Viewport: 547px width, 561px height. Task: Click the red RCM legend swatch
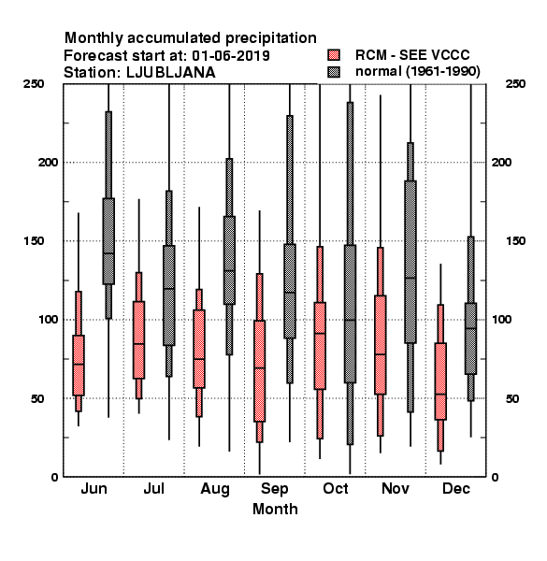coord(334,55)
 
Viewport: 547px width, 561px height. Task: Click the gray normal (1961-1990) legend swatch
coord(334,72)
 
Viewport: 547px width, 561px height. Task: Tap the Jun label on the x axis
coord(94,489)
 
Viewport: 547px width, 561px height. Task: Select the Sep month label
coord(275,489)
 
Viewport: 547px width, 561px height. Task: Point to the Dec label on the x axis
coord(456,489)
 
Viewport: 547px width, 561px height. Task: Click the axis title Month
coord(275,510)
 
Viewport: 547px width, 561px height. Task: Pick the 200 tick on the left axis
coord(48,163)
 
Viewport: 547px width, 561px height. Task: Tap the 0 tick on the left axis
coord(54,477)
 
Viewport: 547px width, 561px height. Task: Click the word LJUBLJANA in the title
coord(171,73)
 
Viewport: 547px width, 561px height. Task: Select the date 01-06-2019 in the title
coord(231,55)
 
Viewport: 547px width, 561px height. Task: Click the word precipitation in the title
coord(270,38)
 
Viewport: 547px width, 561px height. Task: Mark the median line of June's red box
coord(79,365)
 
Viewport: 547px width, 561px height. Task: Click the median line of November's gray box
coord(410,278)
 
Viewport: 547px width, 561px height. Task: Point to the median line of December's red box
coord(440,395)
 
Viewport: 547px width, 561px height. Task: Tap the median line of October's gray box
coord(350,320)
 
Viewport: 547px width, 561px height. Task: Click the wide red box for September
coord(259,371)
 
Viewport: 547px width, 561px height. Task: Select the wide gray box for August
coord(229,260)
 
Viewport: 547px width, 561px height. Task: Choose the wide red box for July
coord(138,340)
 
